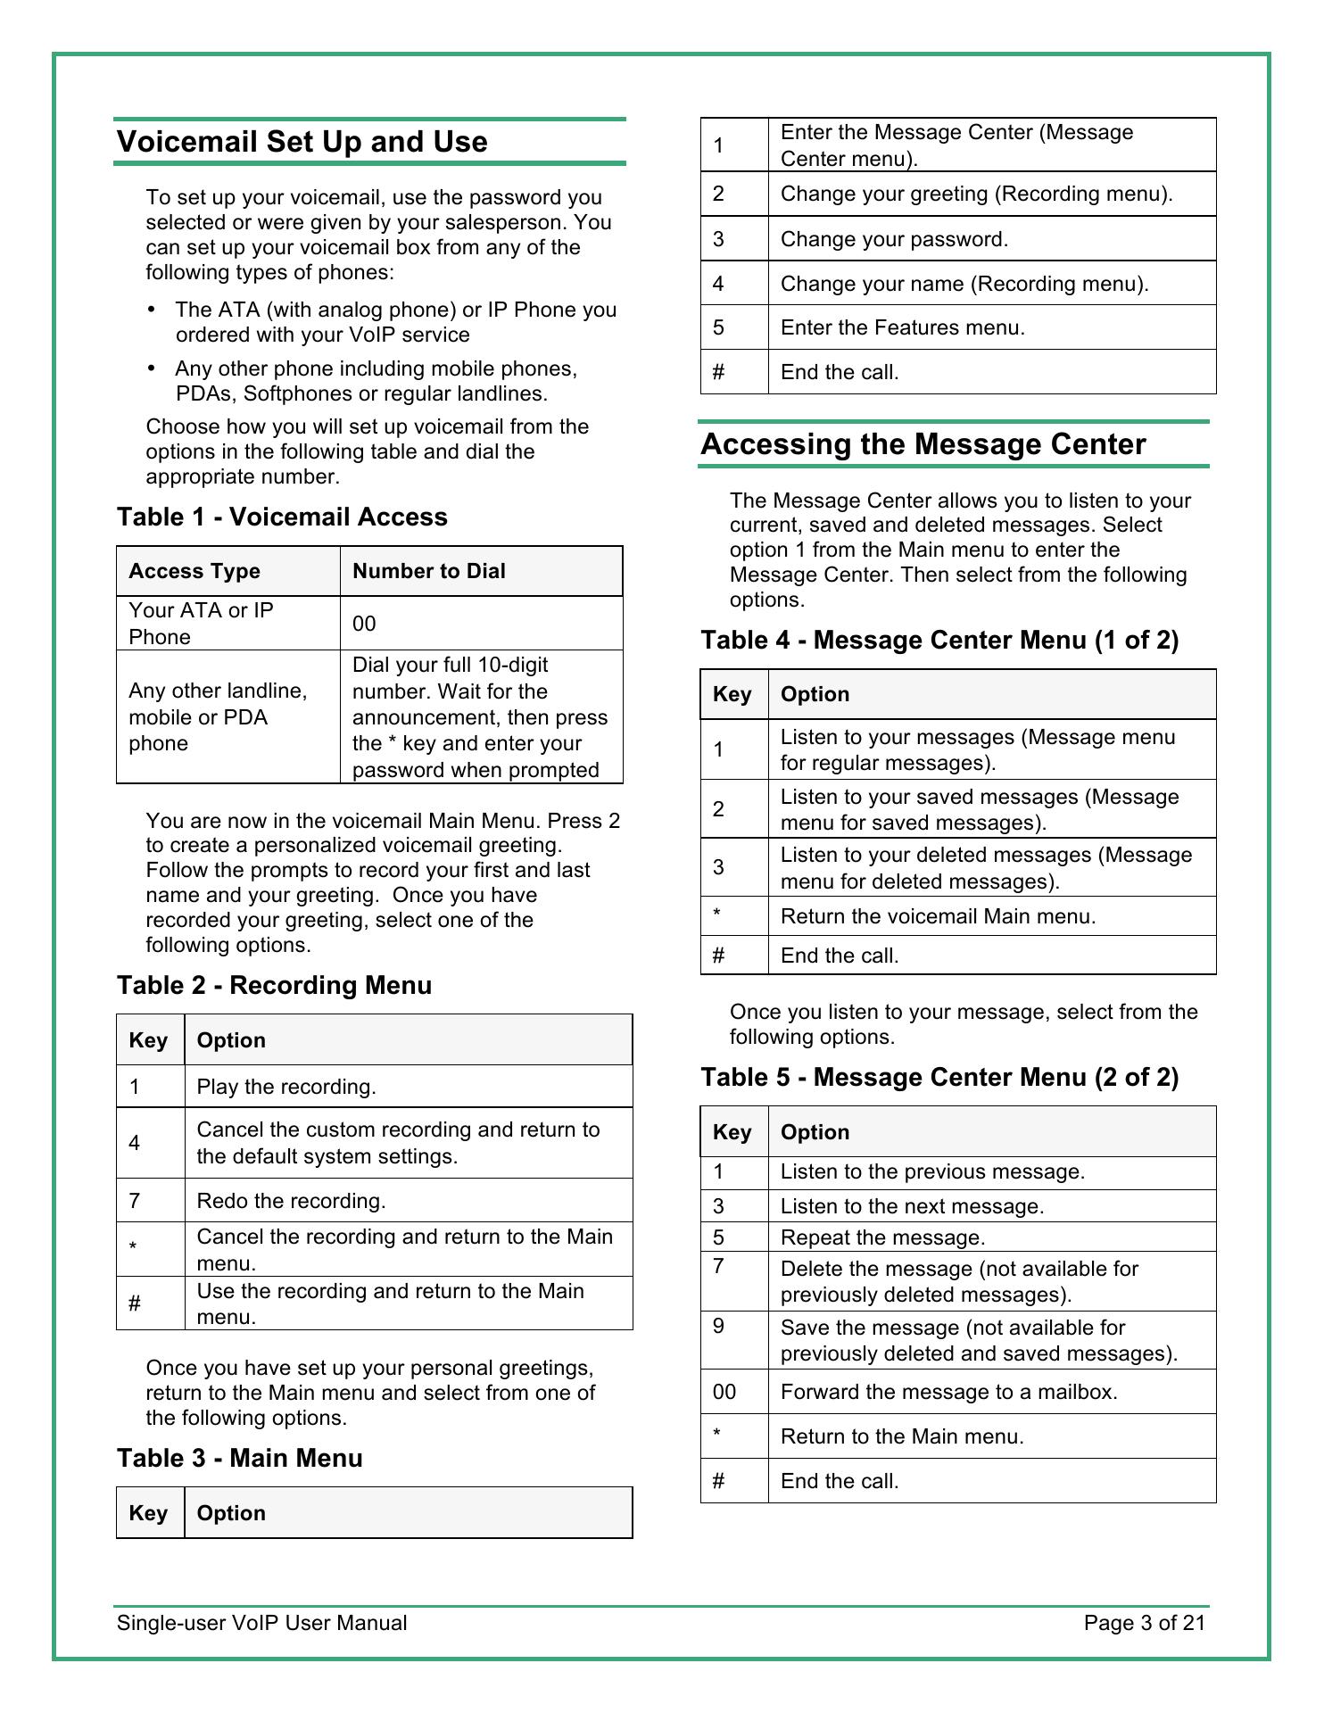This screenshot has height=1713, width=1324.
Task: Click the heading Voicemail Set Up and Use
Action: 302,142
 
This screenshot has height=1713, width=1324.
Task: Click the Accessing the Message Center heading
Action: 923,444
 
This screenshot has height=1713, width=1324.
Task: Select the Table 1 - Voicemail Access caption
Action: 282,517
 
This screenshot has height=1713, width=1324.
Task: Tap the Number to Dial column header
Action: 429,572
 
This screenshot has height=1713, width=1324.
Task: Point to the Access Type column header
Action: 194,572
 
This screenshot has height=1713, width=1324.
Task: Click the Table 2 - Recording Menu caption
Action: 274,986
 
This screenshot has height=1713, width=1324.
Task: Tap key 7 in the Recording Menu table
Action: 135,1201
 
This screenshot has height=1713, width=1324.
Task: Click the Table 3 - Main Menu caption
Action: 240,1459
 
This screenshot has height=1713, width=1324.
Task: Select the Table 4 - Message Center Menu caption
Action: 939,641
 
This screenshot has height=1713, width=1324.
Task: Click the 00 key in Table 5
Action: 724,1392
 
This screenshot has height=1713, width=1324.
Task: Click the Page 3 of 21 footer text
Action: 1144,1623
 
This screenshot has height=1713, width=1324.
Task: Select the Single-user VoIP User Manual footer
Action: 261,1623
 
